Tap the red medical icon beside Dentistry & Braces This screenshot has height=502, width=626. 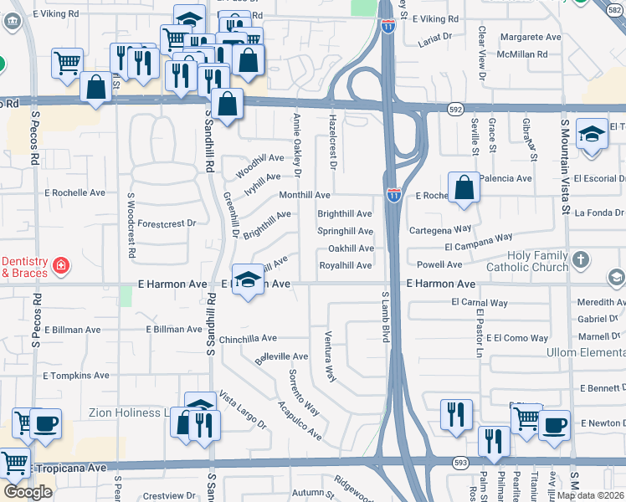tap(60, 266)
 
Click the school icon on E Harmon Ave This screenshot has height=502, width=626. tap(247, 281)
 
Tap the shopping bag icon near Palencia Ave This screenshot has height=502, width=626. tap(464, 188)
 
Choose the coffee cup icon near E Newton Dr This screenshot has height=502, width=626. tap(553, 425)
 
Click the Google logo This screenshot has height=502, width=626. tap(28, 492)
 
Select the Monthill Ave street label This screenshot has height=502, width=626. tap(305, 195)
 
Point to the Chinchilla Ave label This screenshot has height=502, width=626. tap(247, 339)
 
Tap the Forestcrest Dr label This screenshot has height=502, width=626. tap(167, 223)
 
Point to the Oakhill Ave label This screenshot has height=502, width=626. tap(351, 248)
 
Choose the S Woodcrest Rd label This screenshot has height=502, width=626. tap(131, 226)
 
